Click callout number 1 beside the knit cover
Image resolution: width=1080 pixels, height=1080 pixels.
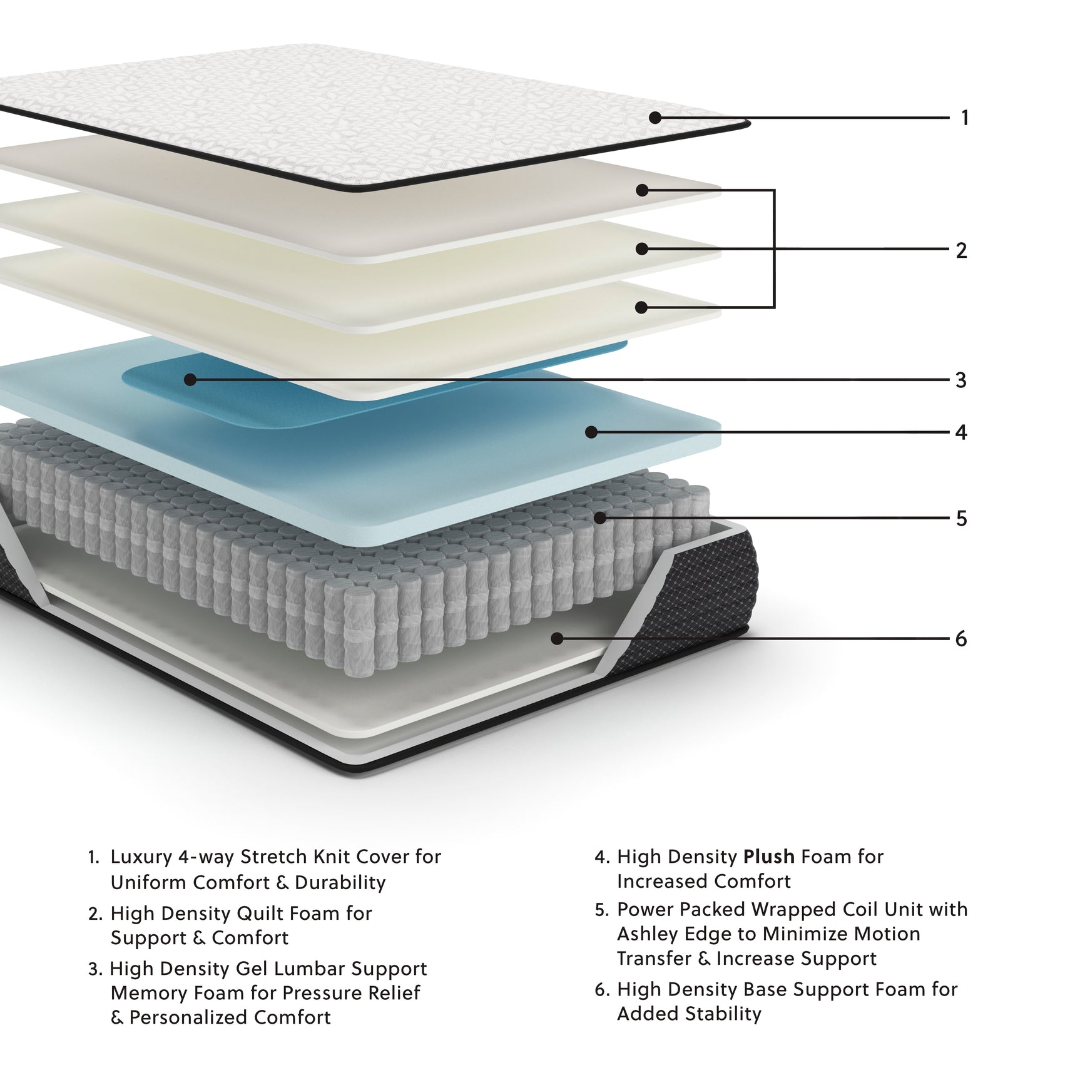click(964, 118)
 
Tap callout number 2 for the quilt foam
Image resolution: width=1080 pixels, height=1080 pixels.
click(961, 250)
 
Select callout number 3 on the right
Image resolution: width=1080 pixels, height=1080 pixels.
click(961, 380)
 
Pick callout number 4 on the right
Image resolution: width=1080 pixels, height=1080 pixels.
click(961, 432)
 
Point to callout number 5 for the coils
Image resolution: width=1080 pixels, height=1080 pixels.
click(961, 519)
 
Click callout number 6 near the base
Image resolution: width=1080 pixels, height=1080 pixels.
click(961, 639)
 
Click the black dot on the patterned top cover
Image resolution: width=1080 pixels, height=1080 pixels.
click(655, 118)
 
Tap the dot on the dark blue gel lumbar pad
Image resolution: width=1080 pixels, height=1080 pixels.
click(190, 380)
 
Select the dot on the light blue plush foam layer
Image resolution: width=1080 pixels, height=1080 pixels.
click(591, 432)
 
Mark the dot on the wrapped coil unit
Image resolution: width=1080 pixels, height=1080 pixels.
click(599, 518)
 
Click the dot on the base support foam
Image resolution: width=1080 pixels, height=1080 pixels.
click(557, 638)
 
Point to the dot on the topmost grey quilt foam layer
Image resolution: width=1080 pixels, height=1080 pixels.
click(642, 190)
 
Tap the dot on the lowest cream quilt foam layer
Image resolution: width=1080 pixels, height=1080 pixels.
click(641, 307)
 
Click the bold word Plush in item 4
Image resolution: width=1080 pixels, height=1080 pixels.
click(769, 857)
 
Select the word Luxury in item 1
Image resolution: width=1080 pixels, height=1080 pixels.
click(140, 857)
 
